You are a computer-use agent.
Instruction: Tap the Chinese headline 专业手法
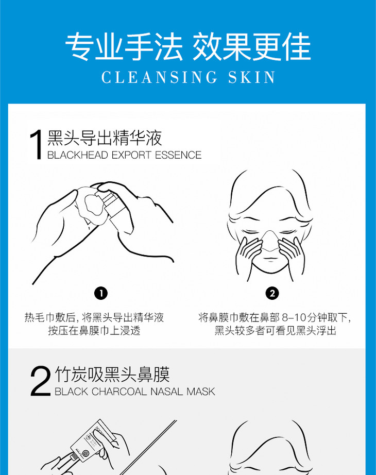tap(124, 47)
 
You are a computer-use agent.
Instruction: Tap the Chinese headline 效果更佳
tap(252, 47)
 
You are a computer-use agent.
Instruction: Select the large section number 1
tap(36, 144)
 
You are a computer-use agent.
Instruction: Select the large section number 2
tap(40, 381)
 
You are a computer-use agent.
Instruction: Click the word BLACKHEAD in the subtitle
tap(78, 155)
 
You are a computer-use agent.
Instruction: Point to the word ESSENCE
tap(178, 155)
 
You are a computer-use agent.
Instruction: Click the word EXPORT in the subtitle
tap(131, 155)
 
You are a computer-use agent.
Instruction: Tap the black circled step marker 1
tap(101, 293)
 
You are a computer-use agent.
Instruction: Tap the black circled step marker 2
tap(272, 293)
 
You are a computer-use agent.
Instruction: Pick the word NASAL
tap(167, 392)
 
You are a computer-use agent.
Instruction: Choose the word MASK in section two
tap(201, 392)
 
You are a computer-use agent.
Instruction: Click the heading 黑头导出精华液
tap(105, 138)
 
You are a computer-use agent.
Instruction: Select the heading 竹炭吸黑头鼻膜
tap(112, 375)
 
